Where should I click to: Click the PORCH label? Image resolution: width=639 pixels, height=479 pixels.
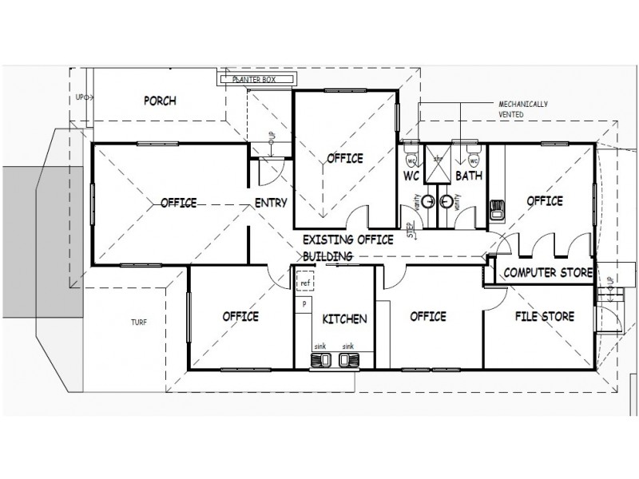point(160,101)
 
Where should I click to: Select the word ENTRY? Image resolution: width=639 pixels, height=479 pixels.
point(271,203)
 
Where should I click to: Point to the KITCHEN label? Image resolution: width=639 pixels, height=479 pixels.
point(344,319)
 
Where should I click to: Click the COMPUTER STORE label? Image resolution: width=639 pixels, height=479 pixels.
point(547,274)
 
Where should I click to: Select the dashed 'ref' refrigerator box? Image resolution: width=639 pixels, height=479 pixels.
point(304,283)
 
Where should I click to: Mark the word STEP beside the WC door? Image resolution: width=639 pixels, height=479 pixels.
point(411,230)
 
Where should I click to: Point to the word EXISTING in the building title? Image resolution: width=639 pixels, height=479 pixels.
point(327,239)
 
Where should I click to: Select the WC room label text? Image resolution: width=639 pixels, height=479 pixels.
point(412,174)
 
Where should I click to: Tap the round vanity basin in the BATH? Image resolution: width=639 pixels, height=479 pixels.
point(445,202)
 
